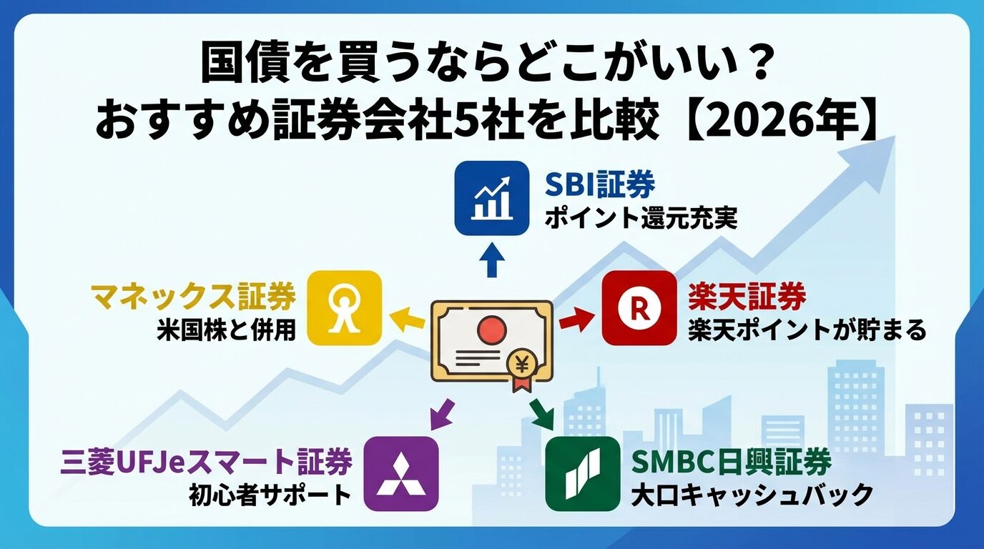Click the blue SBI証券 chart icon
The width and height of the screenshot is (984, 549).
click(x=492, y=198)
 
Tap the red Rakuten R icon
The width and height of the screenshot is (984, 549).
click(x=639, y=308)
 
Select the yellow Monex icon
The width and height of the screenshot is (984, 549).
click(x=345, y=308)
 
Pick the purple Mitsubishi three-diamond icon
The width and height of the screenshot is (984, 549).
click(x=400, y=473)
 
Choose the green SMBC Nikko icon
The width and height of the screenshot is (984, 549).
click(x=582, y=473)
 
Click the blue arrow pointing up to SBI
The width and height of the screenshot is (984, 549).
click(x=491, y=259)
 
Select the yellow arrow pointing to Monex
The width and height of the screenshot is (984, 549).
click(x=407, y=320)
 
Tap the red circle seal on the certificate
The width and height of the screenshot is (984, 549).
click(x=491, y=330)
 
